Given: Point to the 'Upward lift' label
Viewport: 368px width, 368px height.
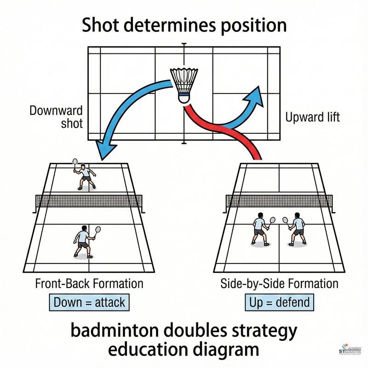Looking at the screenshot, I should (312, 117).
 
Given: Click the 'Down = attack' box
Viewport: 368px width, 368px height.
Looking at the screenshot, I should (89, 302).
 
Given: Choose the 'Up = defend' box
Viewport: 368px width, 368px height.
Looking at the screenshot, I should (279, 302).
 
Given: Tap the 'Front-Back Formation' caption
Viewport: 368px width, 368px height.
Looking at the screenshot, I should (89, 283).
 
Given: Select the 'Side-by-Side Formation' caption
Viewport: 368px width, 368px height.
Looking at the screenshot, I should (280, 283).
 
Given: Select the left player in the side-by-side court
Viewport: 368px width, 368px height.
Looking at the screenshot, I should (260, 228).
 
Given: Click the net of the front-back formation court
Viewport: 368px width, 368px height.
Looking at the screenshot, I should (89, 201).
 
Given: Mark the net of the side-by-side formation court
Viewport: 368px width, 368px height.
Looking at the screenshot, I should (279, 201).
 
